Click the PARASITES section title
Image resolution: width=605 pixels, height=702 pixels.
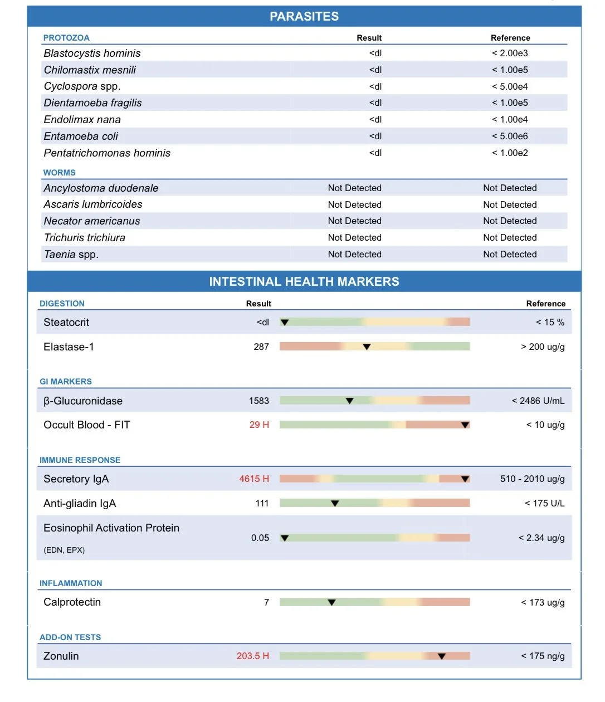[x=304, y=17]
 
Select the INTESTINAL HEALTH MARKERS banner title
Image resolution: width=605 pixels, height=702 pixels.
[x=304, y=282]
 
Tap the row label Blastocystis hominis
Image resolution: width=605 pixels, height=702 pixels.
[x=92, y=53]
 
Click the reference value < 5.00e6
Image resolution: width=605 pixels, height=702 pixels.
[x=510, y=136]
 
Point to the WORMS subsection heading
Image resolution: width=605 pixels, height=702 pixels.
[x=59, y=173]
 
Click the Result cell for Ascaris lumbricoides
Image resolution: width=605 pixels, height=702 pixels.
[x=354, y=205]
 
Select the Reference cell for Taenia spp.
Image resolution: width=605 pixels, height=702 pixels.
[x=510, y=255]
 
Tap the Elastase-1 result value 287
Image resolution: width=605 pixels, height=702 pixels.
[x=261, y=347]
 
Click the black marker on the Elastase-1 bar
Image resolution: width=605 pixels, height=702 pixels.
[x=367, y=347]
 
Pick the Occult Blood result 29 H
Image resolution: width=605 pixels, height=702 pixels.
[x=259, y=425]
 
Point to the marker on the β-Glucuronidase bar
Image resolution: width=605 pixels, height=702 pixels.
[x=349, y=401]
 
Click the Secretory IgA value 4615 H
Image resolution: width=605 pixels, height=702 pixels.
[x=254, y=479]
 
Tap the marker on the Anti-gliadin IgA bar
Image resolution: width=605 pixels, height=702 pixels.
[x=335, y=504]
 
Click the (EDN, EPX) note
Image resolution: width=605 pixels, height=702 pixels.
[x=64, y=550]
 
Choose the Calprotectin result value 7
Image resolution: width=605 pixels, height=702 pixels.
[x=266, y=603]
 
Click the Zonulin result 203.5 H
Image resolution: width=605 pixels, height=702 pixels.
[x=253, y=656]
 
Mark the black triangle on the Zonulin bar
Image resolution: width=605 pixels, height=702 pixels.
[x=441, y=656]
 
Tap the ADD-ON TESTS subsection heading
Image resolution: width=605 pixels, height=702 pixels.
[x=70, y=637]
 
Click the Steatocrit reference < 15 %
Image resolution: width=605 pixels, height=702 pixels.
[x=550, y=323]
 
